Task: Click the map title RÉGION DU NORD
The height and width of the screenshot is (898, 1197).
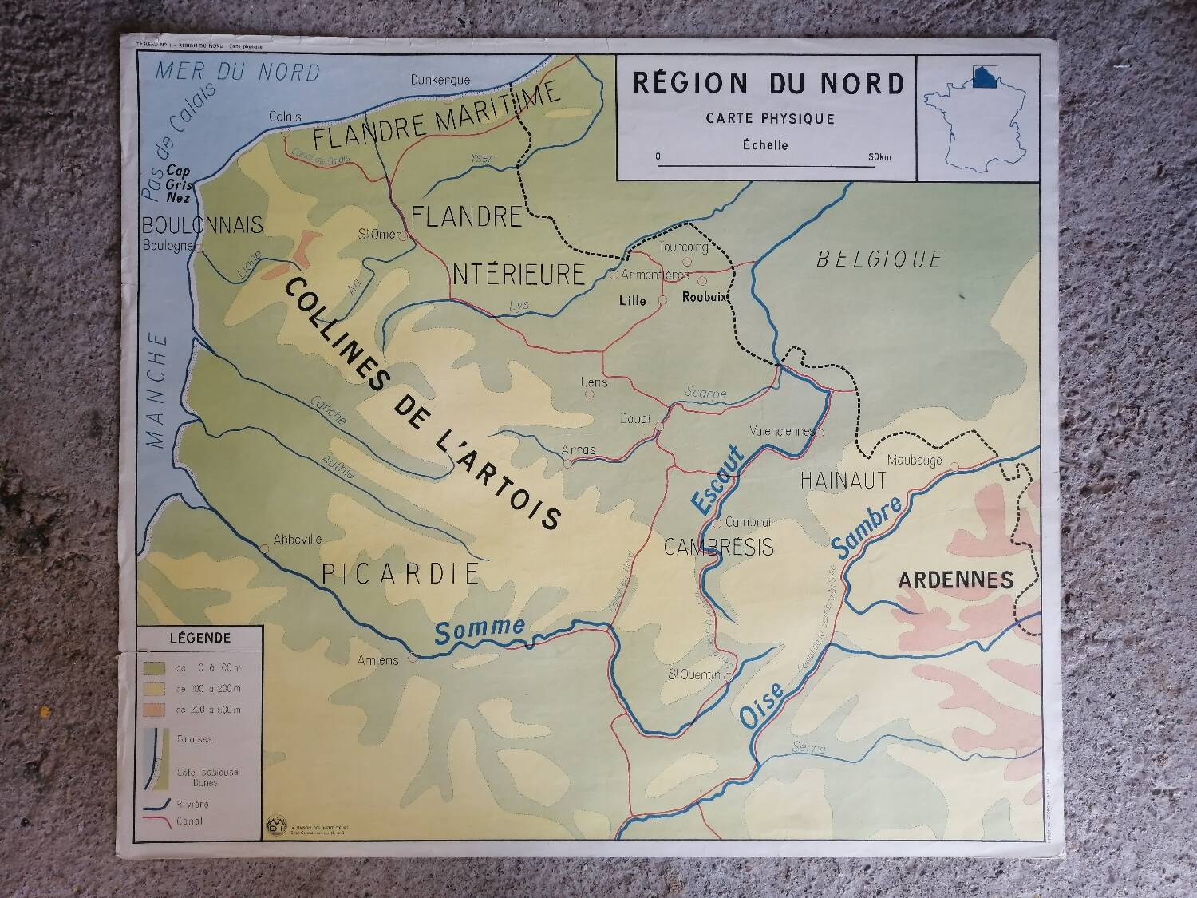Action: point(768,84)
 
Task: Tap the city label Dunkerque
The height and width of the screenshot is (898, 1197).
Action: point(440,80)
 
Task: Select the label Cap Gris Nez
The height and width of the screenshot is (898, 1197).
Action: point(179,184)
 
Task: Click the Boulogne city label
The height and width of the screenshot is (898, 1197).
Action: point(168,246)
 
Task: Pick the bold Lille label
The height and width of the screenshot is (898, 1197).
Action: point(632,301)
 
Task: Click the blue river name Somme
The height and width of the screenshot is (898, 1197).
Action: point(480,630)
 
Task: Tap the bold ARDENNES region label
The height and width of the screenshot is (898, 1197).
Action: point(955,580)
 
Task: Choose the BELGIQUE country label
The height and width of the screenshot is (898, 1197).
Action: point(879,259)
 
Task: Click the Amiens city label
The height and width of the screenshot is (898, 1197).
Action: point(378,661)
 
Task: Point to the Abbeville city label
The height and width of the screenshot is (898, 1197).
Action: point(297,540)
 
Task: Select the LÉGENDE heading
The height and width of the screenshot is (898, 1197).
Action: point(199,639)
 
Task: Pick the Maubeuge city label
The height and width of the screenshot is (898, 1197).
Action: point(915,461)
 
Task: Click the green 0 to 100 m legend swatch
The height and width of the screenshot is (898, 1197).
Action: point(155,667)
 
